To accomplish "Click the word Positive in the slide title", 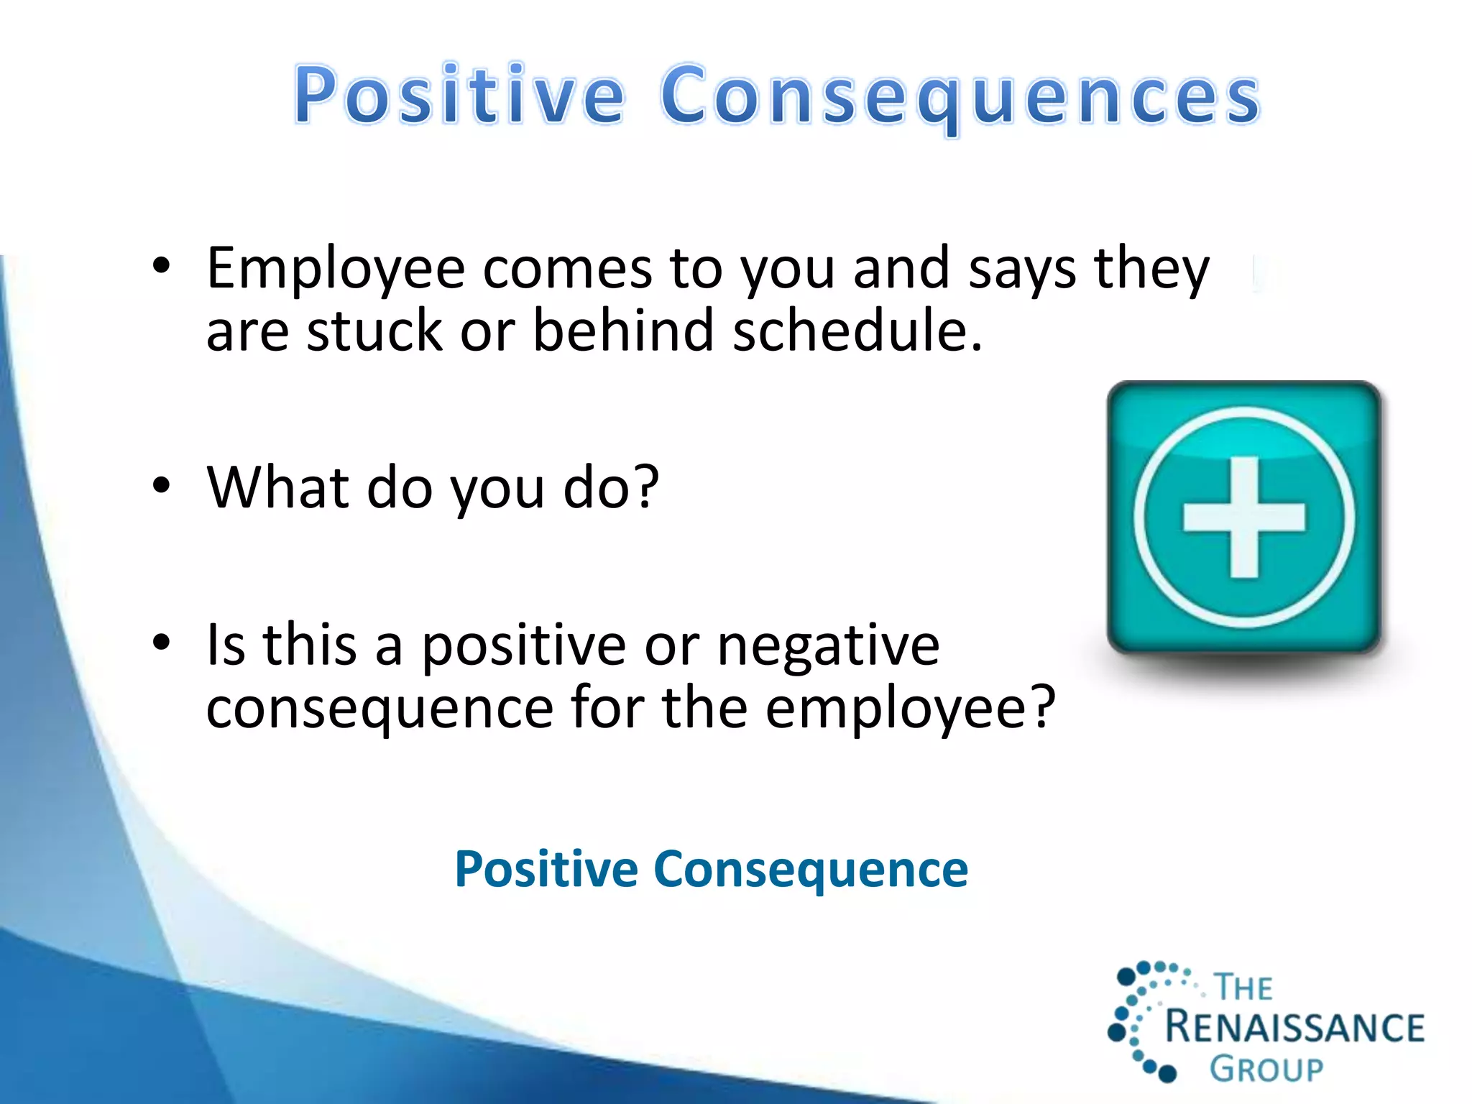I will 460,95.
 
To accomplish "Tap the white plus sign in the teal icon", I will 1244,517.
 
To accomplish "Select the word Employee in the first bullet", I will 336,270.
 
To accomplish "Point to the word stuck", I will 374,331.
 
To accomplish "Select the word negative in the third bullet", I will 828,645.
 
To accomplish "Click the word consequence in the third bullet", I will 379,708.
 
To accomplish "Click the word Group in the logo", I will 1266,1069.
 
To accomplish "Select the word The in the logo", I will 1243,988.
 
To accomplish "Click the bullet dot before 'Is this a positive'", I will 161,642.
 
